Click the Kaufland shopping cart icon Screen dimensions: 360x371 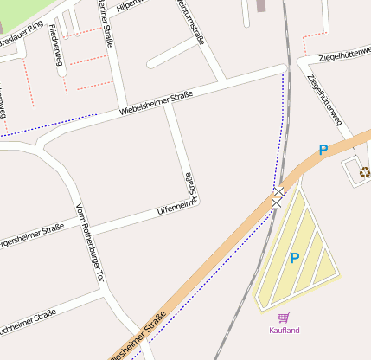click(x=283, y=318)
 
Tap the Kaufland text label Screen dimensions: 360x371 click(x=284, y=331)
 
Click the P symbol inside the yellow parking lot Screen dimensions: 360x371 click(x=294, y=258)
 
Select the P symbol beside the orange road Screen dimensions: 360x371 click(x=323, y=150)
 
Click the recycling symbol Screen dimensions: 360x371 click(x=364, y=171)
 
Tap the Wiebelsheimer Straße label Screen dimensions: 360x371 click(x=156, y=103)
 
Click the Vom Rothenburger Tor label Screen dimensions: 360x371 click(x=90, y=241)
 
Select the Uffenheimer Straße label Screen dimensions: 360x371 click(x=177, y=208)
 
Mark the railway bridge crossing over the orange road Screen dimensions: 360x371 click(x=277, y=200)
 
